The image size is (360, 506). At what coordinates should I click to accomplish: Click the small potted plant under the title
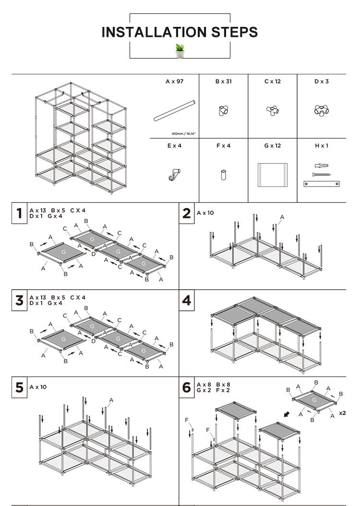point(180,50)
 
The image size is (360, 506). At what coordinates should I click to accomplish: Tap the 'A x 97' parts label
point(174,82)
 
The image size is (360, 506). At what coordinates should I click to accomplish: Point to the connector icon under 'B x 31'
point(223,111)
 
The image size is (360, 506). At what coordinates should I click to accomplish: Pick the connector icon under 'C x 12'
point(272,111)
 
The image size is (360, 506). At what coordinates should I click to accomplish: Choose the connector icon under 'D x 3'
point(321,111)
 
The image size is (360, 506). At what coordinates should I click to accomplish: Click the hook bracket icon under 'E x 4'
point(175,175)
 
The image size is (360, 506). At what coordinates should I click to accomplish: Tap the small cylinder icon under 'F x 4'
point(223,175)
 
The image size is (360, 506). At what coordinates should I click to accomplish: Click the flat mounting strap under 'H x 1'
point(322,183)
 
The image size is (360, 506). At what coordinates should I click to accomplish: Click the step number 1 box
point(19,213)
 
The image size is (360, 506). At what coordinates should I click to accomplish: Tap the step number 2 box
point(187,213)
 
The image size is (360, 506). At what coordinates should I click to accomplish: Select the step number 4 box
point(187,301)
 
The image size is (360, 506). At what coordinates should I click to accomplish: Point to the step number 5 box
point(19,387)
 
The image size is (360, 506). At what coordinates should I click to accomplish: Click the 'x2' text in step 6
point(343,412)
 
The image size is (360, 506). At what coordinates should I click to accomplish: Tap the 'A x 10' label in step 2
point(205,212)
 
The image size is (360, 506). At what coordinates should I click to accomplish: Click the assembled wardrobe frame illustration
point(80,139)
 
